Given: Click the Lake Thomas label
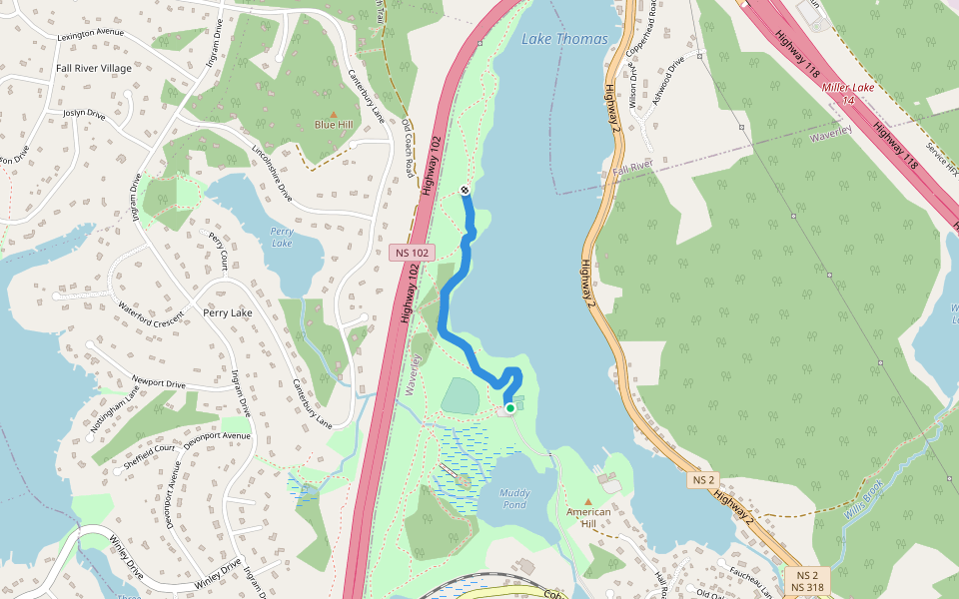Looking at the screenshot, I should pos(563,39).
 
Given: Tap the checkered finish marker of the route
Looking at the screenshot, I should pos(466,190).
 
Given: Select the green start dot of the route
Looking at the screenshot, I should pos(510,407).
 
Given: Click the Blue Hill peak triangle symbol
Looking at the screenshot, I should pos(334,114).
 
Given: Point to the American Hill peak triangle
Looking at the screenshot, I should pos(588,501).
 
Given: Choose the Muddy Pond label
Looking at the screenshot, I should pos(514,498).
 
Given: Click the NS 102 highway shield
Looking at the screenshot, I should pos(412,253).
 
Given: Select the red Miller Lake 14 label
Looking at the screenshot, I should pos(848,93).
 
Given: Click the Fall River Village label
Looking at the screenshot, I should pos(95,68).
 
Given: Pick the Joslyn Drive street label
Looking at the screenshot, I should pos(84,114).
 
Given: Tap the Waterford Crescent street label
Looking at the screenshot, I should pos(151,311).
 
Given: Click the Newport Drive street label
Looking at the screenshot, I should pos(159,382).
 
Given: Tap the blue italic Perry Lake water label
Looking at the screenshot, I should pos(282,237).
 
